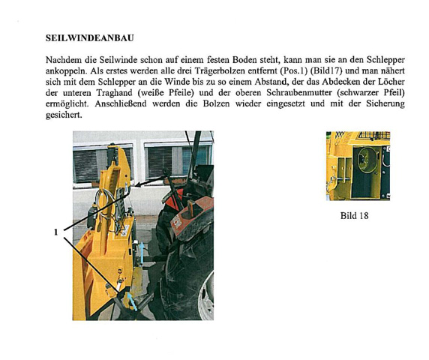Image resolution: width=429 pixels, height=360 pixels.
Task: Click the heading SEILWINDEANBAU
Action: click(x=91, y=37)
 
